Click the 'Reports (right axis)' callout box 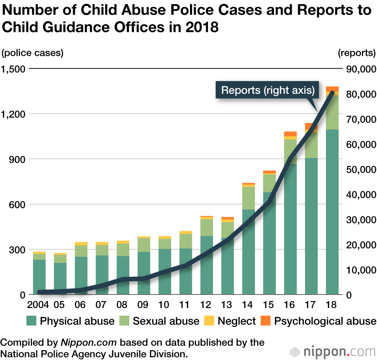click(267, 90)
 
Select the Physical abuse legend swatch click(32, 321)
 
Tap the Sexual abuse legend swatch click(125, 321)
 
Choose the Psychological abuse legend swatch click(265, 321)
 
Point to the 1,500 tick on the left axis click(13, 69)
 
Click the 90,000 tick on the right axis click(360, 69)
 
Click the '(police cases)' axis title click(32, 53)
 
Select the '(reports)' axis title click(357, 53)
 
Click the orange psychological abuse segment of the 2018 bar click(332, 89)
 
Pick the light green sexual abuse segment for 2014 click(248, 198)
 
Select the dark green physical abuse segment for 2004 click(39, 277)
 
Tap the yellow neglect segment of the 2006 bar click(81, 244)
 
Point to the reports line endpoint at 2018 click(332, 93)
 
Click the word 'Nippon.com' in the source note click(89, 343)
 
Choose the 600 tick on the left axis click(17, 204)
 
